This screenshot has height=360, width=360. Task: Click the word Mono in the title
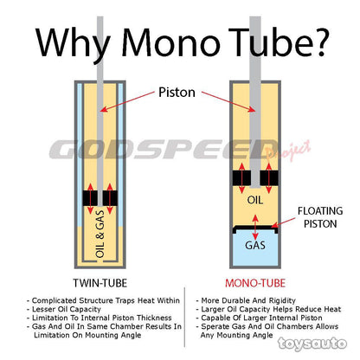click(x=170, y=42)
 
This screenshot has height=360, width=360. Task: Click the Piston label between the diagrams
click(x=177, y=93)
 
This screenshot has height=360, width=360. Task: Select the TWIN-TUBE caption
click(x=100, y=283)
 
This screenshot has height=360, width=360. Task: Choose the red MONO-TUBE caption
click(x=255, y=283)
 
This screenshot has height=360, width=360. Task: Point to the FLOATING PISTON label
click(x=320, y=217)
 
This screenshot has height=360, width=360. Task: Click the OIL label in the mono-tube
click(x=255, y=200)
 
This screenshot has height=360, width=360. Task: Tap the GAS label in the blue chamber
click(x=255, y=246)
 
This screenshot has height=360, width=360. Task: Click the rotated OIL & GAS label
click(x=100, y=234)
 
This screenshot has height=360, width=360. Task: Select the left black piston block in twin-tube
click(x=90, y=198)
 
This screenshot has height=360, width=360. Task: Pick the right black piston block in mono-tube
click(x=269, y=178)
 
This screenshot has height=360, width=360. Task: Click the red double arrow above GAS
click(x=255, y=227)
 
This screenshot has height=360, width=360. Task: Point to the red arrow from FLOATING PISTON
click(x=283, y=222)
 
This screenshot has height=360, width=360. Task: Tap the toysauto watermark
click(x=312, y=344)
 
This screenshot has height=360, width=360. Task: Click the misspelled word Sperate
click(x=214, y=327)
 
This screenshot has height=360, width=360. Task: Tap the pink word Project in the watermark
click(x=288, y=151)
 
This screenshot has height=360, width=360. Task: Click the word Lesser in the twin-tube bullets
click(x=43, y=309)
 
